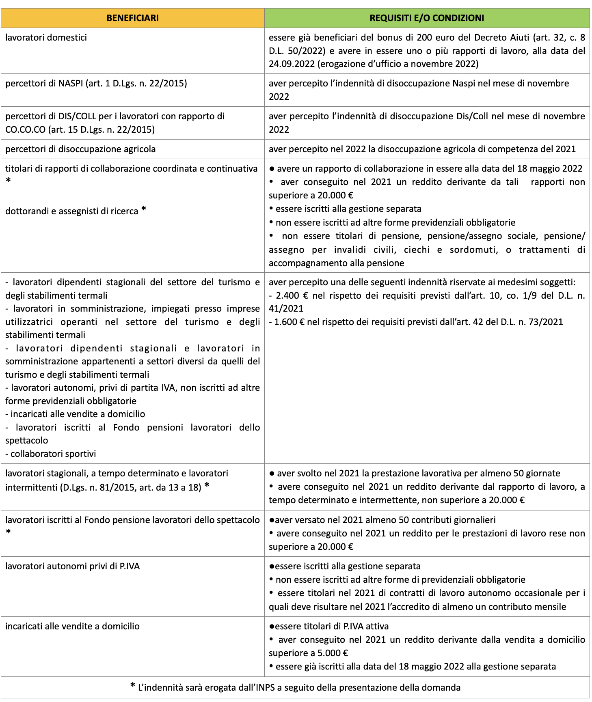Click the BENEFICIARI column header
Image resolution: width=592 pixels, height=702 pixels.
(132, 18)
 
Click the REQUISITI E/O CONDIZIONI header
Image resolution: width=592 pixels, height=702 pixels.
(427, 18)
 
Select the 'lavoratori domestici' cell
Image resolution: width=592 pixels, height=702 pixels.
(46, 38)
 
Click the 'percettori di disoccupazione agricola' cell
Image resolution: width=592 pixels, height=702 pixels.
(80, 149)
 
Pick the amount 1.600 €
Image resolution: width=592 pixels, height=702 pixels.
(289, 322)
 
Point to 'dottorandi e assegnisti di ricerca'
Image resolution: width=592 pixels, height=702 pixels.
(72, 211)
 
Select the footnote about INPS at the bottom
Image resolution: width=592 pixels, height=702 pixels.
(295, 687)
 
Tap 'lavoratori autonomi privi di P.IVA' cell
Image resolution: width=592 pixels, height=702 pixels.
(73, 566)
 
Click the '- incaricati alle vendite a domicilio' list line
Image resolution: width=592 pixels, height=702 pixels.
(75, 414)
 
